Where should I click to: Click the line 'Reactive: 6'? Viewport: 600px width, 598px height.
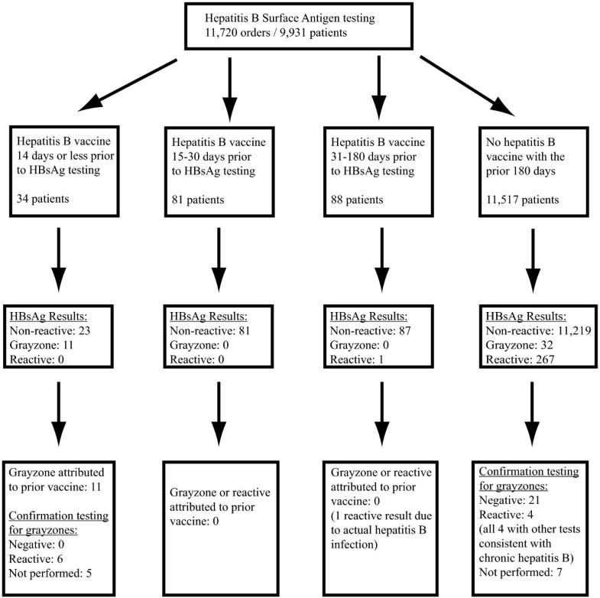tap(41, 555)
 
